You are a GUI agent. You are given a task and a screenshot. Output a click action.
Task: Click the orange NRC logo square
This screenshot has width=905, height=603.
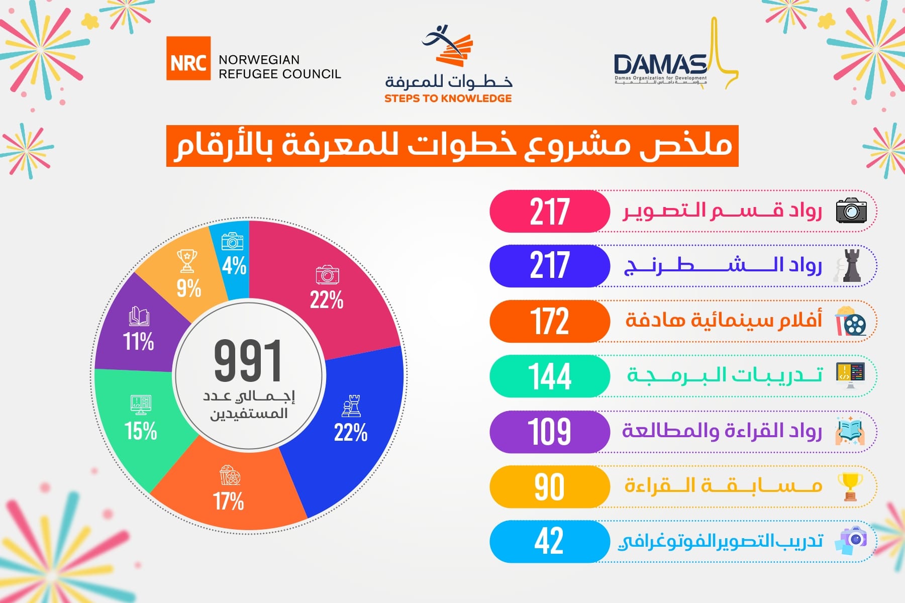click(188, 58)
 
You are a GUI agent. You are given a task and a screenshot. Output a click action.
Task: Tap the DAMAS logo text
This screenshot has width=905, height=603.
click(660, 65)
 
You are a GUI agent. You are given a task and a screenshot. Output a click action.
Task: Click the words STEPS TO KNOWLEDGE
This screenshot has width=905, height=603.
click(448, 98)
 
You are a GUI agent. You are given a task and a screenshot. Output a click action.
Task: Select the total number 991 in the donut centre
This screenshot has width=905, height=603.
click(248, 360)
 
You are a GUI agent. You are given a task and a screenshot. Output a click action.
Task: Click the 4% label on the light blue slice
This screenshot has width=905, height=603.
click(234, 265)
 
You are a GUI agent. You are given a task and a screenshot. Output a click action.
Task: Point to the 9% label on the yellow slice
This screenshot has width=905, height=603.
click(188, 288)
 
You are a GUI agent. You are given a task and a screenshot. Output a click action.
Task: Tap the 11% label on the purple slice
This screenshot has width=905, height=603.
click(139, 341)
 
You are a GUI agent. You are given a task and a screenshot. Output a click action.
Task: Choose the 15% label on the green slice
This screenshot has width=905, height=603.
click(141, 431)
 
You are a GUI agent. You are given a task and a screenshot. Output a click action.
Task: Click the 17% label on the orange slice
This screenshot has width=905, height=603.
click(228, 501)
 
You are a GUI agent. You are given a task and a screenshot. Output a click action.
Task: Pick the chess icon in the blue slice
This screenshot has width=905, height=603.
click(351, 406)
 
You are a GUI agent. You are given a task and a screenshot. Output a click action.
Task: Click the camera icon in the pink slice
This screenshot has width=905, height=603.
click(328, 274)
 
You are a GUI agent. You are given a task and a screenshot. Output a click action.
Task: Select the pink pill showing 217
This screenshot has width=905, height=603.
click(549, 212)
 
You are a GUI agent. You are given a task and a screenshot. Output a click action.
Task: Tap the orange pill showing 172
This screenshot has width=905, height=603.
click(549, 322)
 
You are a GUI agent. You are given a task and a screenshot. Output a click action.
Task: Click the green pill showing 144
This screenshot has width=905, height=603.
click(549, 376)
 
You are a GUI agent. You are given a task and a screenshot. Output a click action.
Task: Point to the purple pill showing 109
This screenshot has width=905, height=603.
click(549, 432)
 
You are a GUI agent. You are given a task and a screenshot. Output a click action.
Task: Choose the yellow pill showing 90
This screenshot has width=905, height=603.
click(549, 486)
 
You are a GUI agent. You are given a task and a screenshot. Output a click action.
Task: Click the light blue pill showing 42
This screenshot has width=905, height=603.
click(549, 542)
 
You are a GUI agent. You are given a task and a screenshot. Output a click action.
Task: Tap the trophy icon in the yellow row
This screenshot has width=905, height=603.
click(850, 486)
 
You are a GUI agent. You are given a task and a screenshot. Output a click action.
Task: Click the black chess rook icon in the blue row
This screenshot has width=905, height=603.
click(850, 265)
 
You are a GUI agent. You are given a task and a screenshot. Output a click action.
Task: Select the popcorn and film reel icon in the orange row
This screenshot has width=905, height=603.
click(851, 322)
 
